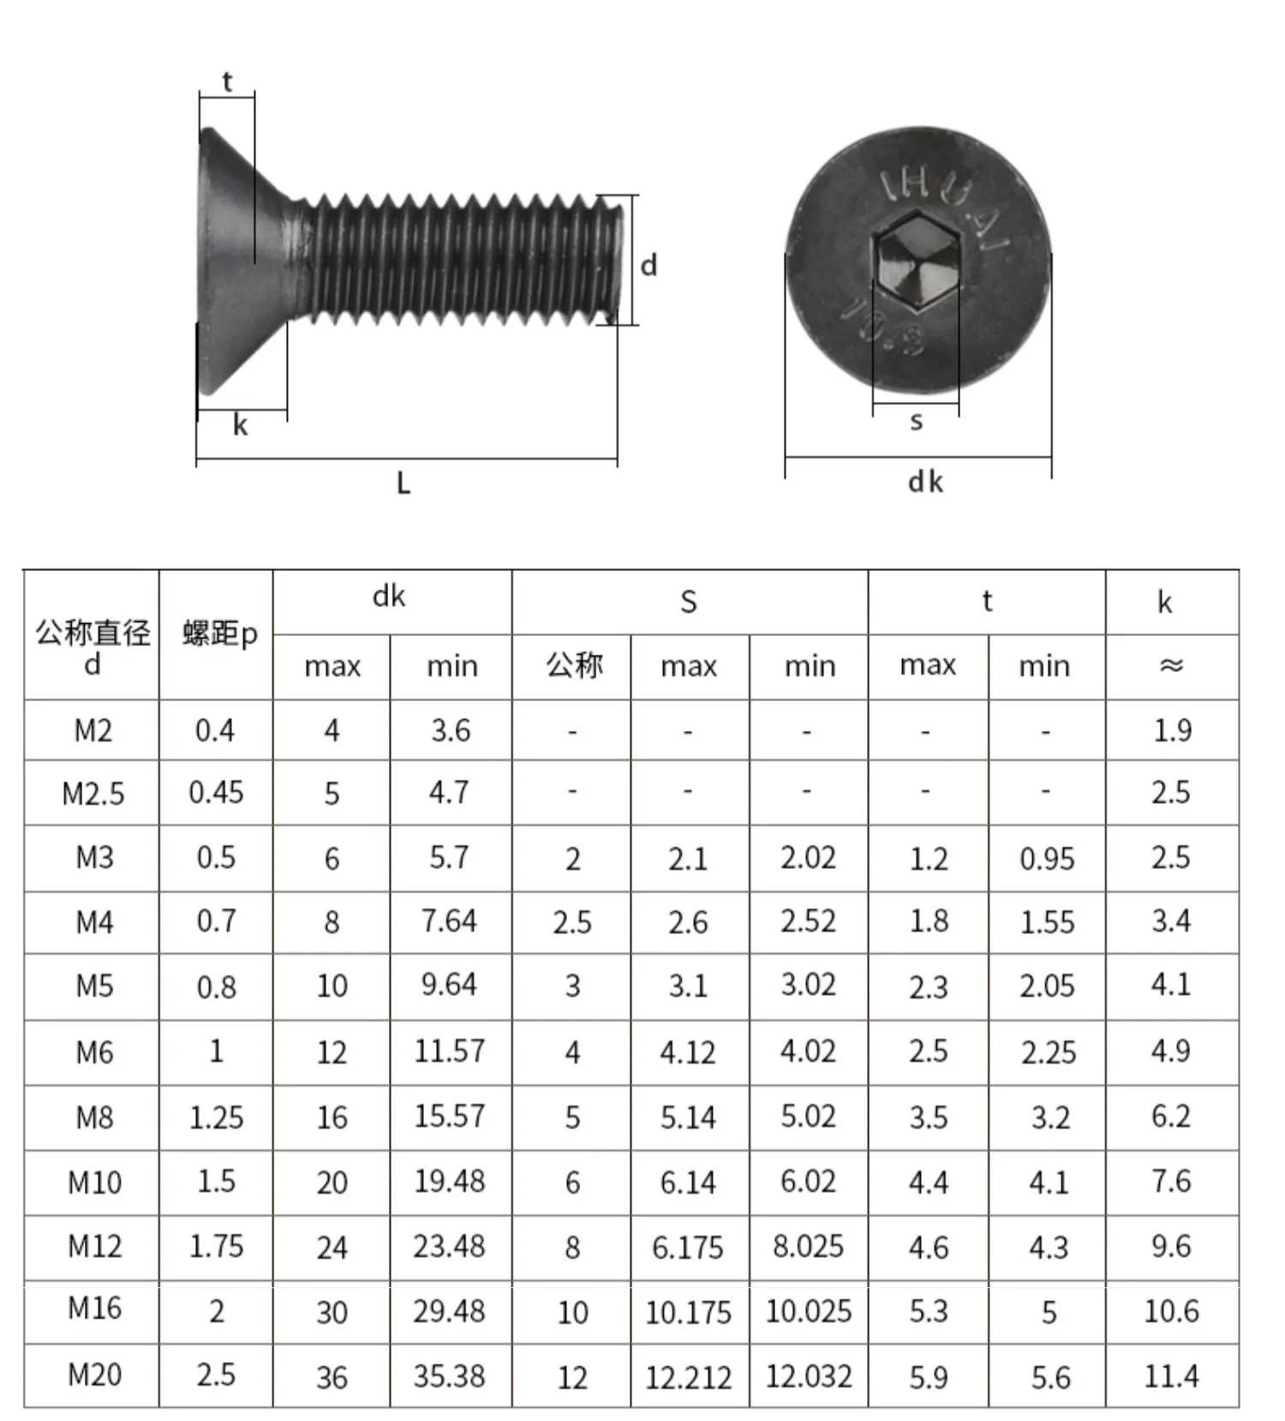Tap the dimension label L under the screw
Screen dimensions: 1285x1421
click(x=403, y=484)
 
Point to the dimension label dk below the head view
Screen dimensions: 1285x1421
click(x=925, y=482)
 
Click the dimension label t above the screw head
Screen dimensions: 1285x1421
click(x=227, y=82)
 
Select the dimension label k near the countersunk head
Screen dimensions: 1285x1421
click(x=240, y=425)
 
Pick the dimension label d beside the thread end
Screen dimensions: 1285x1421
click(x=648, y=265)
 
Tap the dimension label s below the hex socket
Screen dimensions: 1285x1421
click(x=917, y=421)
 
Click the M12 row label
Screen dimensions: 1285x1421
click(x=95, y=1246)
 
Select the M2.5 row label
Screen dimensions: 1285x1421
click(x=93, y=794)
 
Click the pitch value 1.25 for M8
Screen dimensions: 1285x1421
click(x=216, y=1118)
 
